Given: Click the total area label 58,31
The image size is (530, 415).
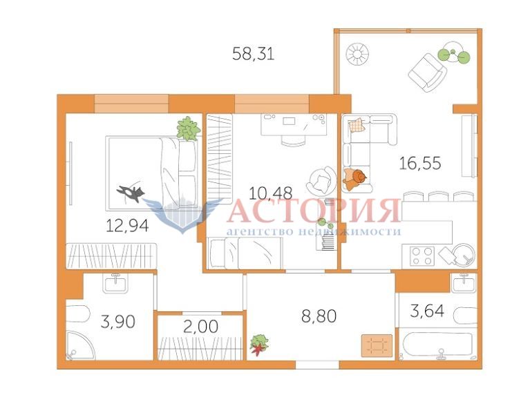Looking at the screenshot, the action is point(253,54).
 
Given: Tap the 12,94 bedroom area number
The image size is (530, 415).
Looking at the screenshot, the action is point(127,225).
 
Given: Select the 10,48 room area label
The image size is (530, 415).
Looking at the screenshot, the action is point(270,193).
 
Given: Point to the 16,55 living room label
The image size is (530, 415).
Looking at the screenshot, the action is point(420,163).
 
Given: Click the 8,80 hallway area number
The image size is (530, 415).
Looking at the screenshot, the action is point(319,316).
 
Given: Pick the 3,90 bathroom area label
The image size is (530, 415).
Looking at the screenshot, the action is point(118,322).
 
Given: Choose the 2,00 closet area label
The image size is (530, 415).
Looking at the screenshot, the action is point(200,327).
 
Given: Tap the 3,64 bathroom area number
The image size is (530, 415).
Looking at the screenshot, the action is point(427,311).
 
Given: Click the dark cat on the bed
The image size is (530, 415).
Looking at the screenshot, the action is point(131,194).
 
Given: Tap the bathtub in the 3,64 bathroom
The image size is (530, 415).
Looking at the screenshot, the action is point(438,344).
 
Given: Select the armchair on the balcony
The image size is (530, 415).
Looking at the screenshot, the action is point(427,73).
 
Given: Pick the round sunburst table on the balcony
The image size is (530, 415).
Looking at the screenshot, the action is point(357,54).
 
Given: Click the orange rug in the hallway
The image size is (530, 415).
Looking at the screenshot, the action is point(377,345).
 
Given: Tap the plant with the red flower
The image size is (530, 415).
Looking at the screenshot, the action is point(259,345).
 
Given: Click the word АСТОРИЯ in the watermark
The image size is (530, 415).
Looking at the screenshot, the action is point(313,211).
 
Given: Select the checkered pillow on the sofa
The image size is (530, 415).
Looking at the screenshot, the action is point(357,125).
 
